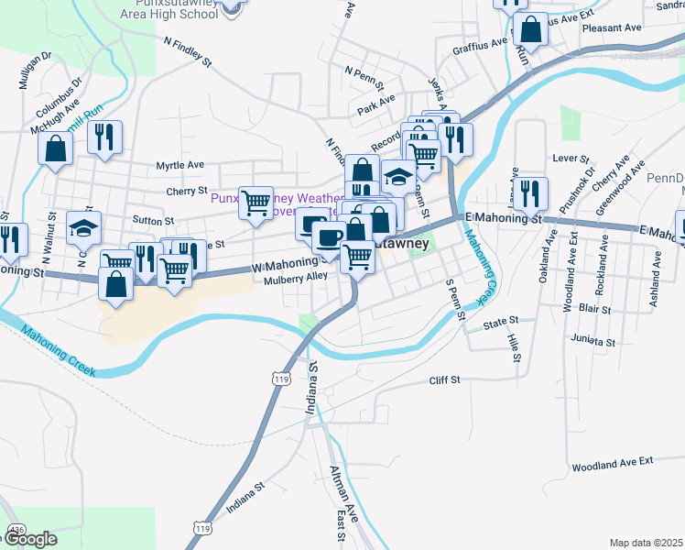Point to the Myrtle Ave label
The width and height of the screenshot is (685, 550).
[x=179, y=165]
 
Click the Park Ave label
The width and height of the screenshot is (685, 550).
[x=376, y=99]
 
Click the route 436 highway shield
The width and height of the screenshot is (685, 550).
[x=16, y=530]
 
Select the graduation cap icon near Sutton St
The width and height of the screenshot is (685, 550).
[x=83, y=227]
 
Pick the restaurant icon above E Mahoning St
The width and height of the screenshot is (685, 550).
[x=530, y=192]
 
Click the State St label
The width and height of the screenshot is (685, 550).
[x=501, y=322]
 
